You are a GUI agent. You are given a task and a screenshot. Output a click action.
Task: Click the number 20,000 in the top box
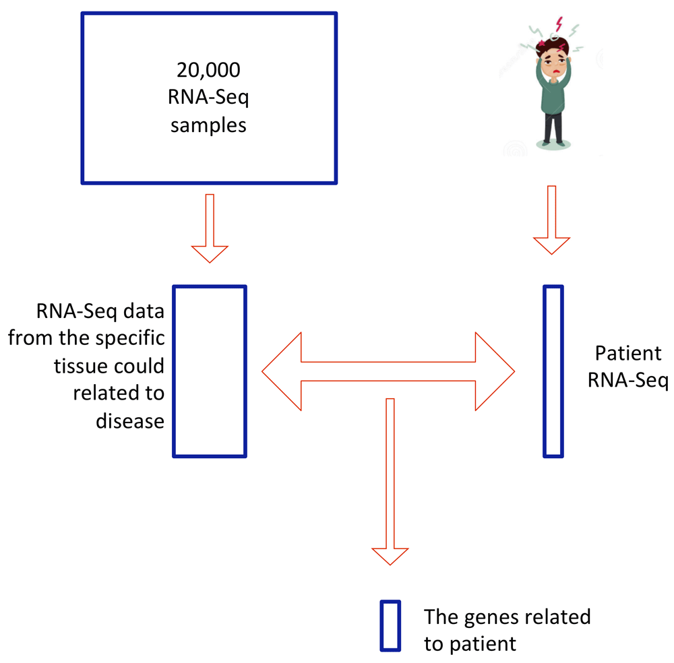(x=208, y=70)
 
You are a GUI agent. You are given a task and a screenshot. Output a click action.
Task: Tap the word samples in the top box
(x=208, y=126)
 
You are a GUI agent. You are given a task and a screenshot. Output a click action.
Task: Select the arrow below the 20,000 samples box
(x=210, y=228)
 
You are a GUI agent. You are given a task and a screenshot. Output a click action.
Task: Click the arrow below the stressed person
(x=552, y=220)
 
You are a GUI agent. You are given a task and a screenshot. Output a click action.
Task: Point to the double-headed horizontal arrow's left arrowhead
(x=282, y=371)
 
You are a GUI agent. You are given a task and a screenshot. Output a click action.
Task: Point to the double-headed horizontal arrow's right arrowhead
(x=495, y=371)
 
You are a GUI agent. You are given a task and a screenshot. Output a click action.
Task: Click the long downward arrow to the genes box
(x=390, y=482)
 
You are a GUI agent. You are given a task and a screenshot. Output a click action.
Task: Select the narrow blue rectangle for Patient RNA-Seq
(x=553, y=371)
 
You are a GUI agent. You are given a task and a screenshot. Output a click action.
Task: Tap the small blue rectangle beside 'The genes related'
(x=390, y=626)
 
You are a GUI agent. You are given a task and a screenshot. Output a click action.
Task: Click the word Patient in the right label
(x=628, y=353)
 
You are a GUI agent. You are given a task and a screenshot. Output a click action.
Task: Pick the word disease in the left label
(x=130, y=421)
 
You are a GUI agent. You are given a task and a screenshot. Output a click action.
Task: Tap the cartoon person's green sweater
(x=553, y=92)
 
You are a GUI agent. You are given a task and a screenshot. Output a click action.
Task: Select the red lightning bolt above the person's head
(x=559, y=24)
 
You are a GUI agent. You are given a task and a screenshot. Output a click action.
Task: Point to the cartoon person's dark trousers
(x=553, y=127)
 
